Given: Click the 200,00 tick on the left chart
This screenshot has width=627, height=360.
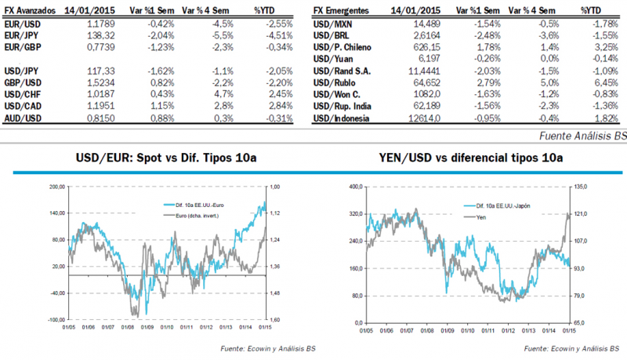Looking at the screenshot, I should coord(56,187).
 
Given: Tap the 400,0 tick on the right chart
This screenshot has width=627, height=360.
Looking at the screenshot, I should coord(356,187).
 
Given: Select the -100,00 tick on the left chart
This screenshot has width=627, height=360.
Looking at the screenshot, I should coord(55,320).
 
